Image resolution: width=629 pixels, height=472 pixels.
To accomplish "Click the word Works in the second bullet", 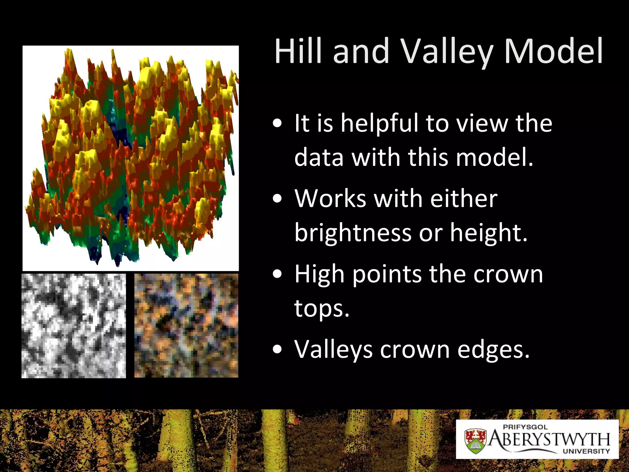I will (330, 199).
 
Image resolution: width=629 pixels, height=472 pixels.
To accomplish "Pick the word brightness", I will (353, 233).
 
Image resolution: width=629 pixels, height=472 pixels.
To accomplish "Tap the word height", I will (488, 233).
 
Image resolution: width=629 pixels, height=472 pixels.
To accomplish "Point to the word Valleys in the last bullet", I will (333, 350).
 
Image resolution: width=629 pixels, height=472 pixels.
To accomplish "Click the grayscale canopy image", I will (74, 326).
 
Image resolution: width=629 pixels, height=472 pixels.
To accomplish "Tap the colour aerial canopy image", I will (186, 326).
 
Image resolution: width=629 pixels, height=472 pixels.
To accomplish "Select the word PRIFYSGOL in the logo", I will (525, 427).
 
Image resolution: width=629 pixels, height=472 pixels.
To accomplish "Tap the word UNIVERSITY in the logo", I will (586, 451).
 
